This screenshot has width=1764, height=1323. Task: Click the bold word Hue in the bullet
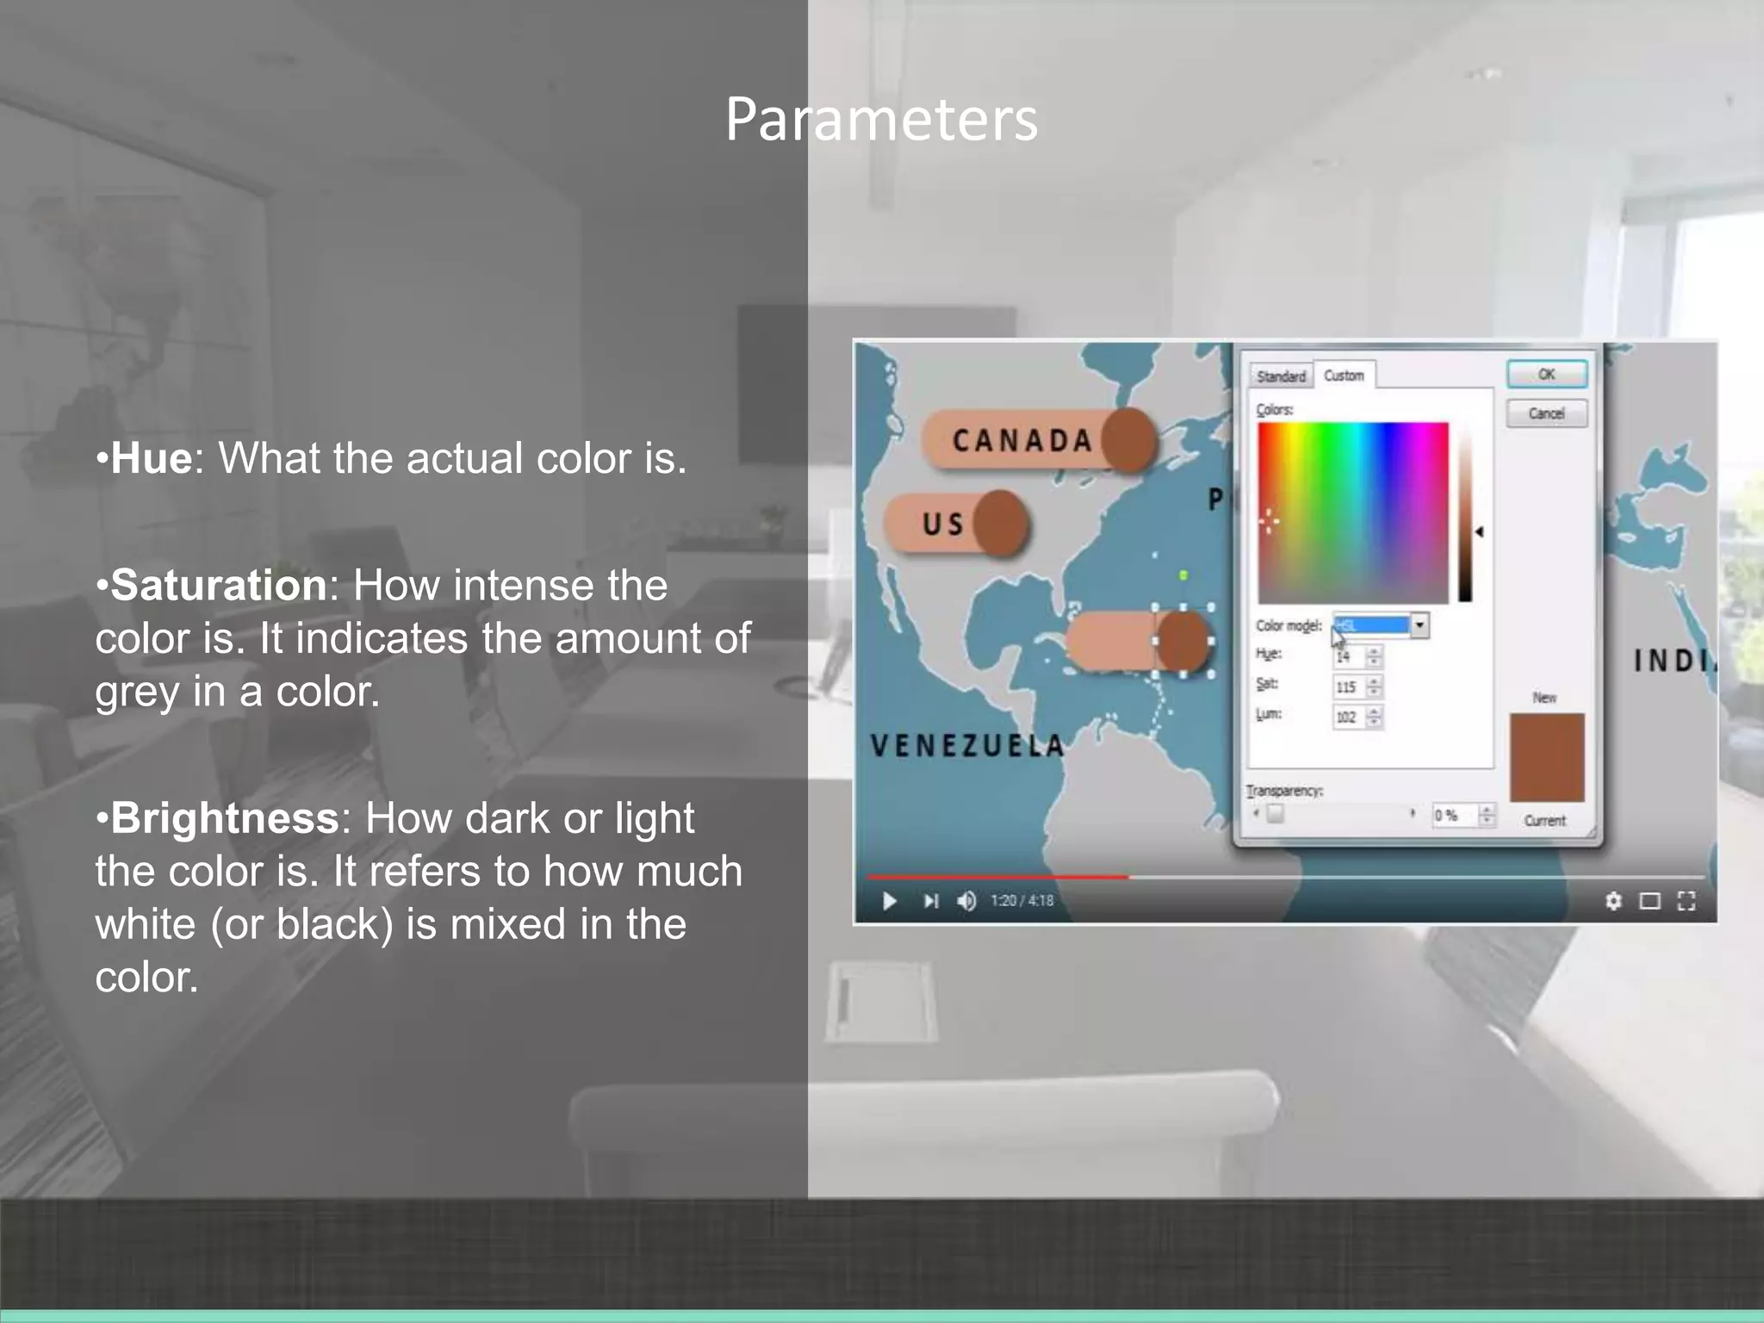(x=151, y=457)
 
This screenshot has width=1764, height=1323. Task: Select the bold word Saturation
(x=219, y=586)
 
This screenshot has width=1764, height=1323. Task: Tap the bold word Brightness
(x=225, y=818)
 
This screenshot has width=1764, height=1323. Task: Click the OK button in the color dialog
(x=1546, y=375)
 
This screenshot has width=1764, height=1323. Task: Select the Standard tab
(x=1281, y=376)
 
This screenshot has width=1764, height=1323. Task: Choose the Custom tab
(x=1344, y=376)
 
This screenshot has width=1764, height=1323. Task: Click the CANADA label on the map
(x=1022, y=441)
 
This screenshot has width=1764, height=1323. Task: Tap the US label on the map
(x=943, y=524)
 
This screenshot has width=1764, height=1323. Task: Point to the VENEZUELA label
(x=967, y=745)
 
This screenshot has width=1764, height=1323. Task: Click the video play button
(x=890, y=901)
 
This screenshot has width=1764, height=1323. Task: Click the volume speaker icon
(x=966, y=901)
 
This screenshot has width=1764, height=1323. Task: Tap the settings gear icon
(x=1613, y=901)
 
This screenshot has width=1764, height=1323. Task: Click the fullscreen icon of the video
(x=1686, y=901)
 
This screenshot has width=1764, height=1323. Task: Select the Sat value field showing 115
(x=1348, y=687)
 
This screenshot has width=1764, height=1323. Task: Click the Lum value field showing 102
(x=1348, y=717)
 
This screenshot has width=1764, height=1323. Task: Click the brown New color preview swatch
(x=1547, y=756)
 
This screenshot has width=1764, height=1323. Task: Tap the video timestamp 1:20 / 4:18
(x=1022, y=901)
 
